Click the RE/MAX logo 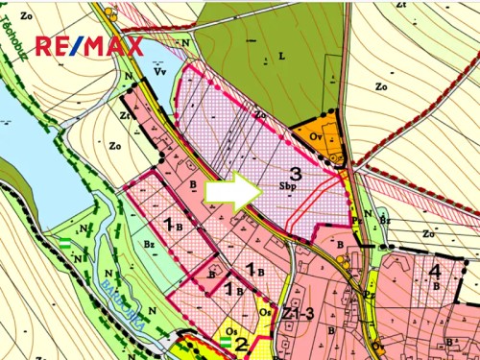point(89,46)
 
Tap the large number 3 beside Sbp point(296,174)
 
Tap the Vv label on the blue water point(160,71)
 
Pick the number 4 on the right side point(435,271)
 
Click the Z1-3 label point(299,315)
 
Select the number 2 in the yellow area point(241,343)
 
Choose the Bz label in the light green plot point(149,245)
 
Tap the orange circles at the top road point(113,13)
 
